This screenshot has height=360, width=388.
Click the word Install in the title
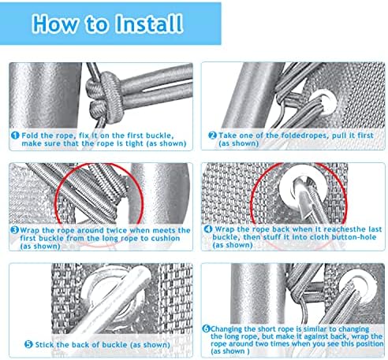coord(149,24)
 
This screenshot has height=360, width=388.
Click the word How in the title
coord(55,24)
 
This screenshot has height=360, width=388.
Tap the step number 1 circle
coord(15,135)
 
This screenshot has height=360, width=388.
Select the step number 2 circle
coord(212,135)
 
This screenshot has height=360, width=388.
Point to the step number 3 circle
coord(14,230)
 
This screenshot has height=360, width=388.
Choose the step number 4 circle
coord(208,229)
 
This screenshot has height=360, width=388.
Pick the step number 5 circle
coord(28,344)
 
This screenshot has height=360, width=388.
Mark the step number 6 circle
coord(206,328)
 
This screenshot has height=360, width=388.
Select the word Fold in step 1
coord(30,135)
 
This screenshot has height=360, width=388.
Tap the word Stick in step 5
coord(44,344)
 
